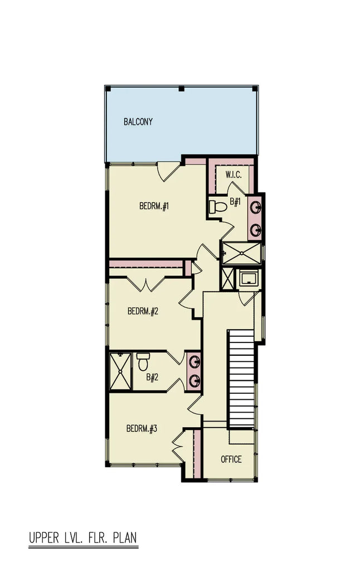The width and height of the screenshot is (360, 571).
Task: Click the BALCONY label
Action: coord(138,122)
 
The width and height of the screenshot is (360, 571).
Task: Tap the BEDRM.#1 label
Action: coord(154,207)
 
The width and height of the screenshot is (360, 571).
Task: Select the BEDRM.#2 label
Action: coord(143,311)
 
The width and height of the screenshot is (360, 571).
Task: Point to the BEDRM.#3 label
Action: coord(142,429)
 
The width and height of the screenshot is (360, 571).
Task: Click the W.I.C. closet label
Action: coord(233,175)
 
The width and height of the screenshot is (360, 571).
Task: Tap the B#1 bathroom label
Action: coord(235,201)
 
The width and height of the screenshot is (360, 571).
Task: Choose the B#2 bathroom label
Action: coord(152,378)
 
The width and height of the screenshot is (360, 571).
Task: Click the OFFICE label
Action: coord(231,459)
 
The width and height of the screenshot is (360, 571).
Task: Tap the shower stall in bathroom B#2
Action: coord(120,371)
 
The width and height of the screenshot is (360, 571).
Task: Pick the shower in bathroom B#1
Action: coord(241,253)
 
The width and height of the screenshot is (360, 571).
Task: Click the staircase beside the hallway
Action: coord(241,379)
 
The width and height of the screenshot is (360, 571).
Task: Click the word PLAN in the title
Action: coord(125,539)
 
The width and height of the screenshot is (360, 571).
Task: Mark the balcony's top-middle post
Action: coord(181,89)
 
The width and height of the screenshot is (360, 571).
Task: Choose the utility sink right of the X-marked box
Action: coord(247,279)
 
